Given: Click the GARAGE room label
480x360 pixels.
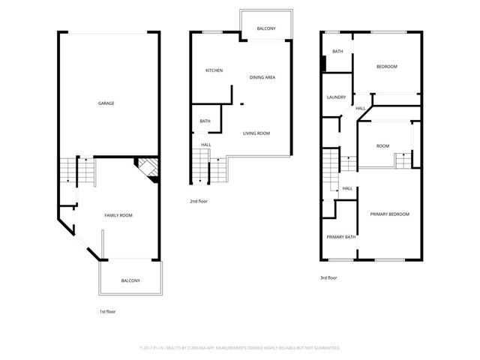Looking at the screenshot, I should click(x=106, y=103).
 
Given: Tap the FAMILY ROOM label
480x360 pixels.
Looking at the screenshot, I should click(x=118, y=215).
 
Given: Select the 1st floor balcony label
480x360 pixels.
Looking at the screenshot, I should click(x=130, y=280).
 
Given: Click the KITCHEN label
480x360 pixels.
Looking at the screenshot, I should click(x=214, y=70).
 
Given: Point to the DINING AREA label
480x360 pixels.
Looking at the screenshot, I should click(x=262, y=77).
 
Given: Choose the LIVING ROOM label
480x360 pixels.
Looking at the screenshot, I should click(x=256, y=133).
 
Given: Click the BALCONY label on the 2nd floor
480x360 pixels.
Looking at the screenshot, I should click(x=266, y=28).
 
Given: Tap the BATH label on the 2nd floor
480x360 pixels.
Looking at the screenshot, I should click(x=205, y=121).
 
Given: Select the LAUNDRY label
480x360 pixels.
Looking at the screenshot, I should click(x=336, y=97).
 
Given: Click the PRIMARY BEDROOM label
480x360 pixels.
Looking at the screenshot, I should click(x=390, y=214).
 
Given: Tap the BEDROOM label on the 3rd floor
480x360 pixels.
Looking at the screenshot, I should click(x=386, y=67).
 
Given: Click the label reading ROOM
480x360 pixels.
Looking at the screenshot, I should click(x=382, y=146).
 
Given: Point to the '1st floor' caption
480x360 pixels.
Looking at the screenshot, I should click(x=107, y=311).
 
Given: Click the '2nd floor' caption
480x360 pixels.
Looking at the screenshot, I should click(x=199, y=201).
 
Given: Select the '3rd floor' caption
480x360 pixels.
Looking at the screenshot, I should click(x=328, y=278).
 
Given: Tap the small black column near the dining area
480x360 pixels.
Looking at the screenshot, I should click(x=241, y=104).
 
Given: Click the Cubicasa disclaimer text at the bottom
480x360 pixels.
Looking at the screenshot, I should click(x=240, y=348).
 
